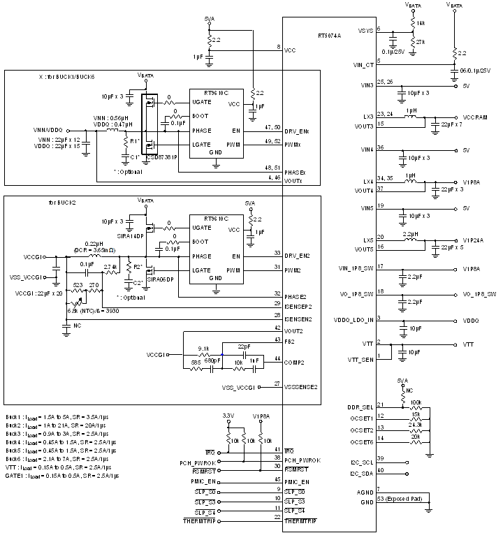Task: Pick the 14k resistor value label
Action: pos(421,23)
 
